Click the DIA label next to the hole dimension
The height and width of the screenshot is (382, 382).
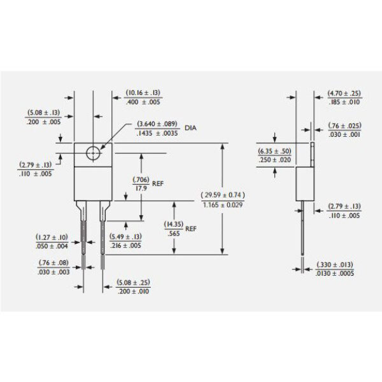tap(190, 128)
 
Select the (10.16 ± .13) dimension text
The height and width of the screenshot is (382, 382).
tap(143, 93)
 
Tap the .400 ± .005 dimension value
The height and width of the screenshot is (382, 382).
tap(143, 102)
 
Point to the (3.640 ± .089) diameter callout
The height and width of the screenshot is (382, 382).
tap(157, 124)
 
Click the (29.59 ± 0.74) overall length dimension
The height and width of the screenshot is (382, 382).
tap(223, 195)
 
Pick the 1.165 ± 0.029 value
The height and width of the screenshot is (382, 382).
tap(223, 205)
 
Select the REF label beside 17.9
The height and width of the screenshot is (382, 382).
tap(158, 184)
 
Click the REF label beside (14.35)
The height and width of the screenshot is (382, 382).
tap(191, 229)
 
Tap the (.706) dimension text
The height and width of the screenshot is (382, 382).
tap(141, 180)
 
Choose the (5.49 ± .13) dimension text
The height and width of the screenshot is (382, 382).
tap(125, 237)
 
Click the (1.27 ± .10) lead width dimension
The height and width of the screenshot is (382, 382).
tap(52, 237)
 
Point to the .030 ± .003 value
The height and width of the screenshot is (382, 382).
tap(53, 272)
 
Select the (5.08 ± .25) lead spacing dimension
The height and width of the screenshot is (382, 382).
tap(133, 283)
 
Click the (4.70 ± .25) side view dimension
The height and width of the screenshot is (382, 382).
tap(344, 94)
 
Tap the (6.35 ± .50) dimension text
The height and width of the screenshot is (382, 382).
tap(274, 151)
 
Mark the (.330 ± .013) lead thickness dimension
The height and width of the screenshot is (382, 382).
tap(335, 265)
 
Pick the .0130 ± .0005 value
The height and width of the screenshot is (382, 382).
tap(335, 273)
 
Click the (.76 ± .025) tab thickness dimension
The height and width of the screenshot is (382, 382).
tap(344, 125)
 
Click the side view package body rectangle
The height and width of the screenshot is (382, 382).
tap(296, 184)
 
